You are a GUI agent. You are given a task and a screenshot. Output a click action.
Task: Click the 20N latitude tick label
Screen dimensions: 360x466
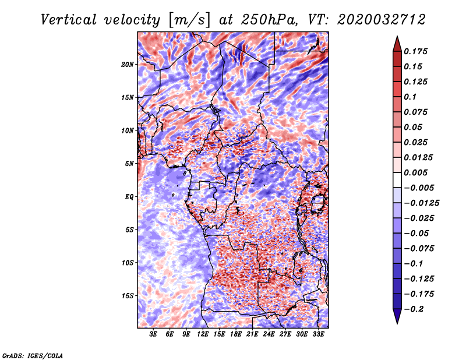coord(128,64)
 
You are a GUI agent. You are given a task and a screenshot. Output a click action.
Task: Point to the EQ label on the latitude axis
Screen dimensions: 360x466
coord(129,197)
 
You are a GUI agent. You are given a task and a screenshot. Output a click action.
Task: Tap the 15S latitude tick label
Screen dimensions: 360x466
coord(128,296)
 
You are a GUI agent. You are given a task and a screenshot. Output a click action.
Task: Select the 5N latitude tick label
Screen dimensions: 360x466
coord(129,164)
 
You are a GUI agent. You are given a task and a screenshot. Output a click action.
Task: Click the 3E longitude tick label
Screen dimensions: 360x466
coord(154,334)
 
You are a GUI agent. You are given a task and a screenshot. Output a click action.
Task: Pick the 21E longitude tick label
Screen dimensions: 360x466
coord(253,334)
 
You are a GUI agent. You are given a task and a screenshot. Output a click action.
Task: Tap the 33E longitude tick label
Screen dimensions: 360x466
coord(318,334)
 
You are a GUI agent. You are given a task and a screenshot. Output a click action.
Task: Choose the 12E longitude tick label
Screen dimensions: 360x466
coord(203,334)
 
